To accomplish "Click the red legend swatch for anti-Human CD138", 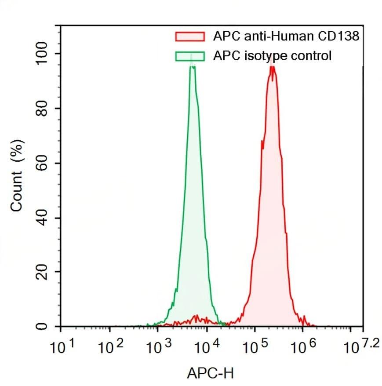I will tap(190, 36).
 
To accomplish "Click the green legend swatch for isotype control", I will tap(190, 56).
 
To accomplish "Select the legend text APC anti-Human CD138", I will tap(286, 36).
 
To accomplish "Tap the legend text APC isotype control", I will tap(272, 56).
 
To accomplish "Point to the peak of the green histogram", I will tap(192, 66).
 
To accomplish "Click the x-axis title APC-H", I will tap(211, 373).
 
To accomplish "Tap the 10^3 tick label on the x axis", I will tap(160, 348).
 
